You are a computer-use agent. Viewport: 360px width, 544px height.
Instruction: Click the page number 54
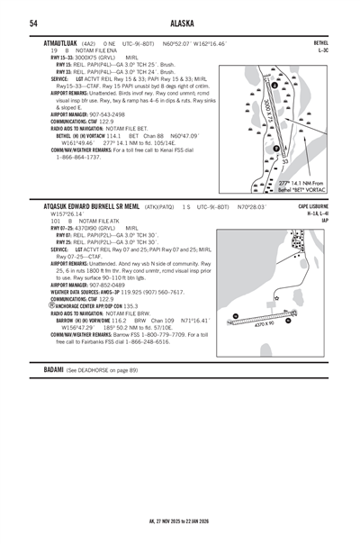pos(33,23)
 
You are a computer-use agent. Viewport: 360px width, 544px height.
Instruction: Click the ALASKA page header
pos(180,23)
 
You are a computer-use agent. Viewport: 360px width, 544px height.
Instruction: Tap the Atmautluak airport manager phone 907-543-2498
pos(106,114)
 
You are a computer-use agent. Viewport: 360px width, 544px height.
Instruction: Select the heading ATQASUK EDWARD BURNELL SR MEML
pos(96,206)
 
